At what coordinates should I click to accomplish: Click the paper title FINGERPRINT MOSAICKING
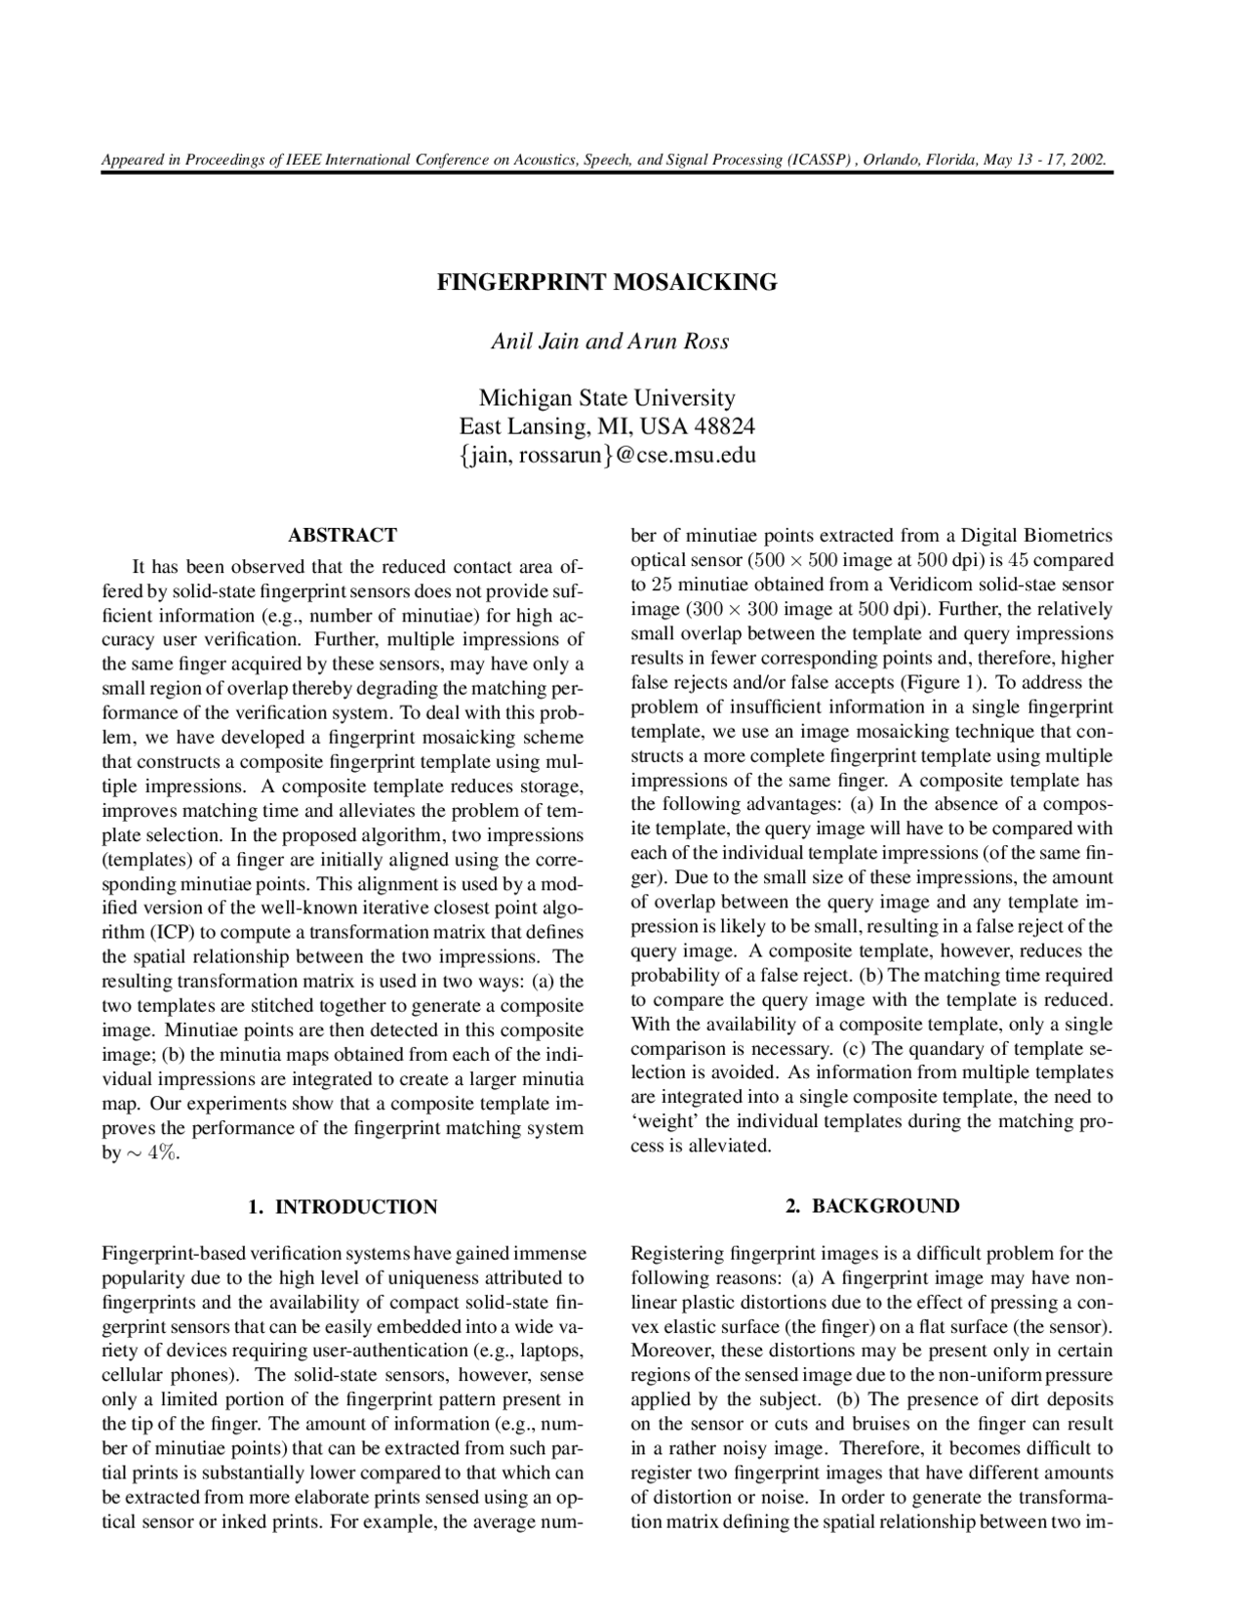606,283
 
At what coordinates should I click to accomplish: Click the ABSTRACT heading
342,536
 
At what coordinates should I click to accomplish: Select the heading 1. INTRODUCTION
342,1207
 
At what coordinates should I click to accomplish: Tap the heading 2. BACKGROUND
872,1206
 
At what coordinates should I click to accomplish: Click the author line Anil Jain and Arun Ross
610,342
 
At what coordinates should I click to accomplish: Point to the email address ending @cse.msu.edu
607,455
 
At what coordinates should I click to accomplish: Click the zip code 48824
723,426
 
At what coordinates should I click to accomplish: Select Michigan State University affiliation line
606,398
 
